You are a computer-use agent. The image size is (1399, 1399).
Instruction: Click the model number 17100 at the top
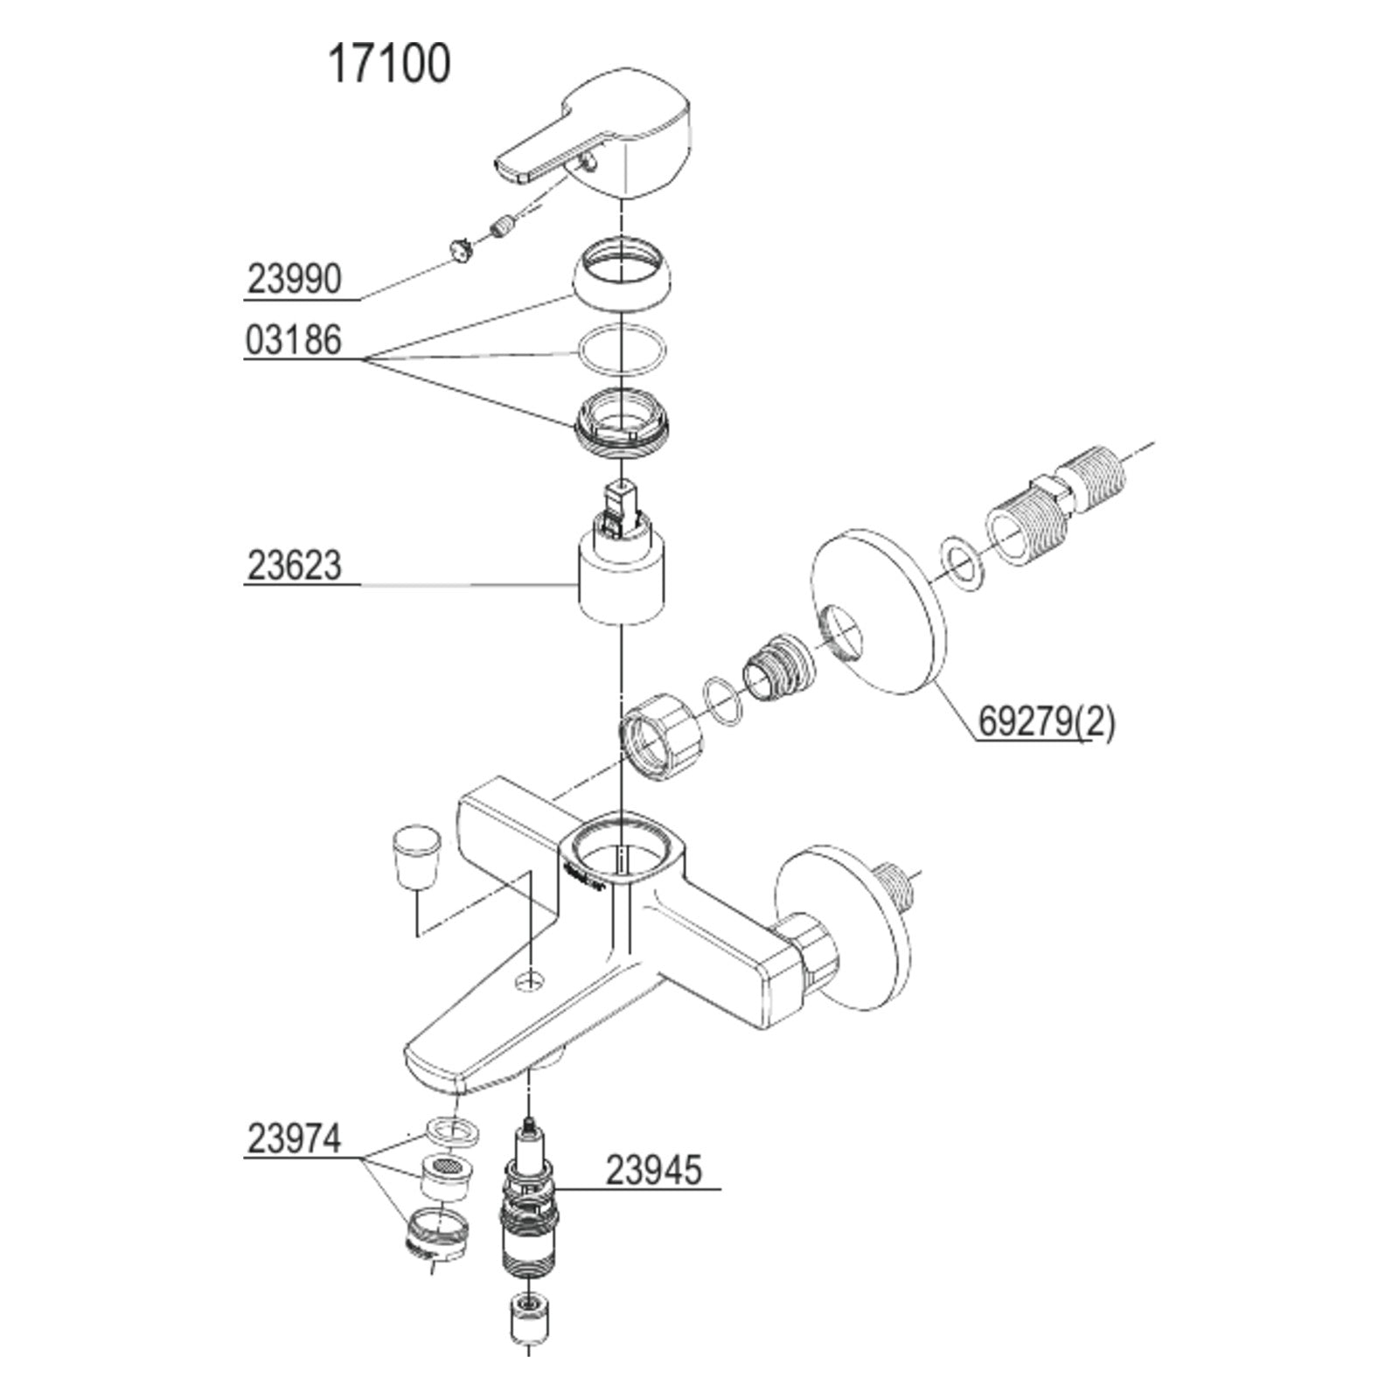pos(389,64)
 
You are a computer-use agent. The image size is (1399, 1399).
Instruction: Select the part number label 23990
pos(294,280)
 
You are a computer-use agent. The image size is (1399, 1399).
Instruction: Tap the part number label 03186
pos(293,340)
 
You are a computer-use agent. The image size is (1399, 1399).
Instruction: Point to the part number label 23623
pos(294,565)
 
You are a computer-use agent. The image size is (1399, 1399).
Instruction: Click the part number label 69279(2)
pos(1047,722)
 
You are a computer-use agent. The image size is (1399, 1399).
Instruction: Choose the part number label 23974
pos(294,1138)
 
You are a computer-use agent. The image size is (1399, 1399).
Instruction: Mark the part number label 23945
pos(654,1170)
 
